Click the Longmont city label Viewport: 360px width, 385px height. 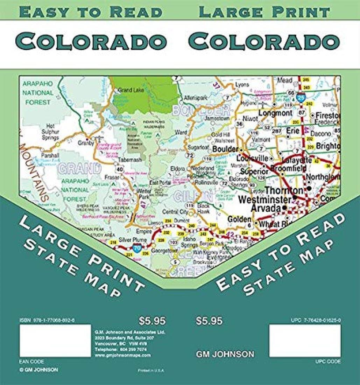(x=275, y=113)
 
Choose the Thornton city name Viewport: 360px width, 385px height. (x=284, y=191)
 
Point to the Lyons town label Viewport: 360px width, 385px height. (x=242, y=85)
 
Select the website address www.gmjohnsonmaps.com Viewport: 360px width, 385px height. (x=122, y=355)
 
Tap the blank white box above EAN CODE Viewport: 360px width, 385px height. (x=55, y=341)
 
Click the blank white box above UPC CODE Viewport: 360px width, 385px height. (x=305, y=341)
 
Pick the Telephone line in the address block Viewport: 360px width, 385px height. (x=121, y=349)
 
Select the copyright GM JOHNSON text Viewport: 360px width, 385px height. (x=39, y=370)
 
